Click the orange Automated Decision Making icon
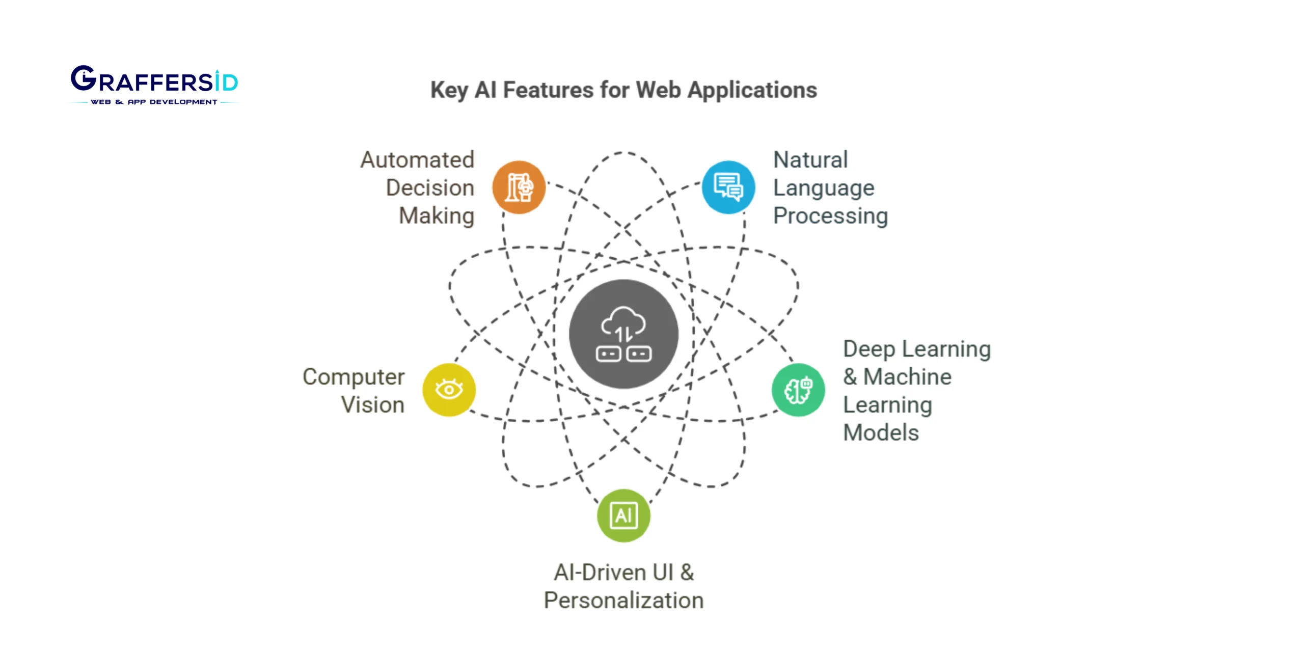tap(519, 187)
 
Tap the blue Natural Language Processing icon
tap(728, 187)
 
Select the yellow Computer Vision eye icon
tap(449, 390)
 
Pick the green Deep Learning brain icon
tap(798, 390)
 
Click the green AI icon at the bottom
tap(623, 515)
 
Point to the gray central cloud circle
tap(623, 334)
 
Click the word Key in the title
tap(449, 90)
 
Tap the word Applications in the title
tap(752, 90)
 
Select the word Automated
tap(417, 160)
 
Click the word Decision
tap(430, 188)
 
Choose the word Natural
tap(810, 160)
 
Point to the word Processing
tap(830, 216)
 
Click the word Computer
tap(354, 377)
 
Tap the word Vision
tap(373, 405)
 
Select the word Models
tap(881, 433)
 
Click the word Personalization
tap(623, 601)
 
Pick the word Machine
tap(907, 377)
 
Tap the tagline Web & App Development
tap(154, 102)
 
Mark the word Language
tap(824, 188)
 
